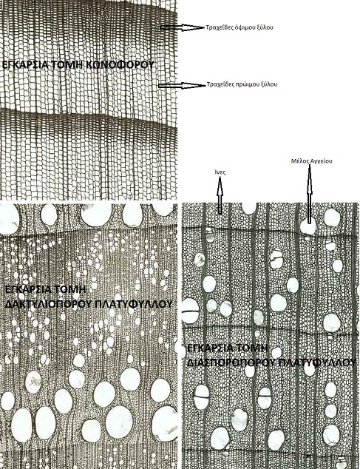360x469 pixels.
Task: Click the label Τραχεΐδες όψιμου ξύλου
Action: click(240, 28)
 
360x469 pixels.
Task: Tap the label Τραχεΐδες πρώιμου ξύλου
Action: click(242, 84)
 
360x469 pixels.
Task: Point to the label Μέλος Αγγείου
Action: click(312, 161)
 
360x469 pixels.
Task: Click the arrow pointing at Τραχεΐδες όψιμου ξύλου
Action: click(182, 27)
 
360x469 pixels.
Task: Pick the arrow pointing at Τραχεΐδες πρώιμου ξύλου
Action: click(182, 85)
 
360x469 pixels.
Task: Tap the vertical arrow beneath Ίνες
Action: click(220, 195)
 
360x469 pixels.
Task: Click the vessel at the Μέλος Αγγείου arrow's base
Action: click(308, 227)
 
